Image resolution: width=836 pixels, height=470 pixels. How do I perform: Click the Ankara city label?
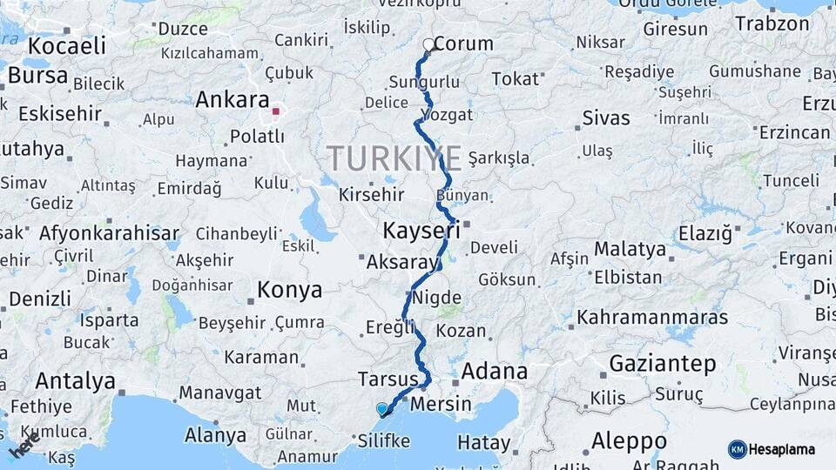233,99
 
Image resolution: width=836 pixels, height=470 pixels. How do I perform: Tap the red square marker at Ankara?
276,111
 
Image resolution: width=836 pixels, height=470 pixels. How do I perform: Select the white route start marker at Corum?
428,44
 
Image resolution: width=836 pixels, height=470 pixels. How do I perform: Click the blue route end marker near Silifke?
381,408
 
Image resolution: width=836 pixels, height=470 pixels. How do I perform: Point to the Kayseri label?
421,231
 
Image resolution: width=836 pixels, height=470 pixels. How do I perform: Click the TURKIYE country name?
394,158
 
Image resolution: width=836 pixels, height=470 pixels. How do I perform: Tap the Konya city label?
289,290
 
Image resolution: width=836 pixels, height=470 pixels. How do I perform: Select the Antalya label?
75,380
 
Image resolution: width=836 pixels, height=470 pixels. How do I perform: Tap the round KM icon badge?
738,449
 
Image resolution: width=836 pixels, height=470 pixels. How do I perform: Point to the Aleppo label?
629,440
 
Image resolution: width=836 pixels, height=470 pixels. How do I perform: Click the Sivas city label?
605,117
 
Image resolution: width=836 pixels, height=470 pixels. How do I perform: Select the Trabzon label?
772,23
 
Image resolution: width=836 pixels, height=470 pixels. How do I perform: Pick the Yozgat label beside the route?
447,115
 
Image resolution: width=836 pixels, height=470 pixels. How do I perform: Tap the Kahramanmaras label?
652,318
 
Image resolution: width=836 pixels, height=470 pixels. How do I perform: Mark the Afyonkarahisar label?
109,233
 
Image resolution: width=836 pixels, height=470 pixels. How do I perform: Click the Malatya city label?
630,250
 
